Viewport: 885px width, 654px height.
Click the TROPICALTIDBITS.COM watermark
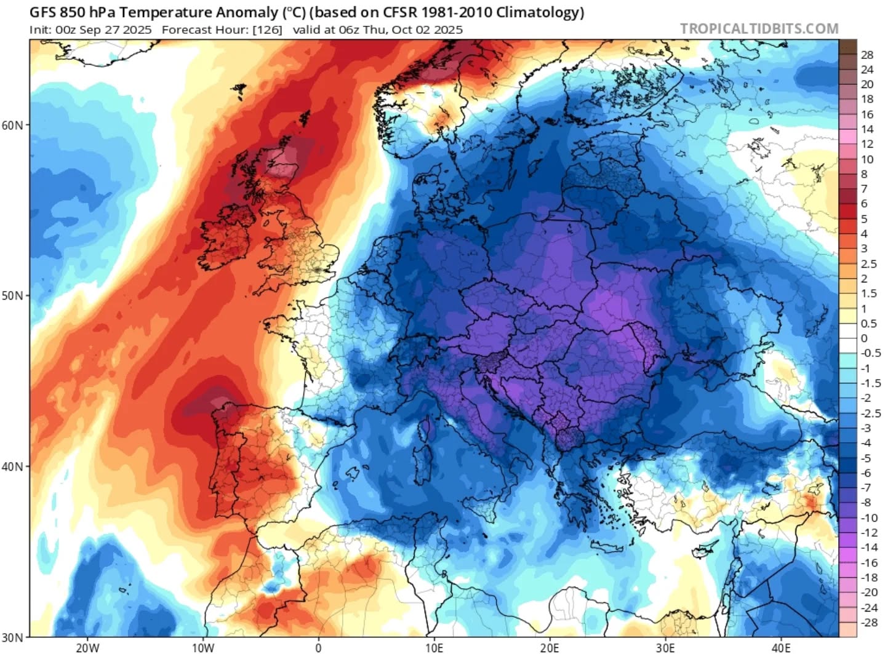[x=759, y=28]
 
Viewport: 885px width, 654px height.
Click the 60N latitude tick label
[x=12, y=125]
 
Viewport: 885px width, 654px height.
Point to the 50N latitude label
[x=12, y=295]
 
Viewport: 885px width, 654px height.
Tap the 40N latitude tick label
[x=12, y=466]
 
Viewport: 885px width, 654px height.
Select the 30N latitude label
[x=12, y=637]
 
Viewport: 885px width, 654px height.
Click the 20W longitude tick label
[x=87, y=647]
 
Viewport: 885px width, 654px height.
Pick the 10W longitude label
[x=202, y=647]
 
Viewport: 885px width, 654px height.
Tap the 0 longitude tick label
[x=318, y=647]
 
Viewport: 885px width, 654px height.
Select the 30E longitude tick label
[x=665, y=647]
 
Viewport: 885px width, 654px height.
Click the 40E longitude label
[x=781, y=647]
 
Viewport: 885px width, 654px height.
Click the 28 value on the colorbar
[x=867, y=55]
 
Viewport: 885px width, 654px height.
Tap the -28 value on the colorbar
[x=868, y=623]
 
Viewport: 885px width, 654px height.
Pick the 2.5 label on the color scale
[x=868, y=264]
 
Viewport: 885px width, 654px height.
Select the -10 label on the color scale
[x=868, y=518]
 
